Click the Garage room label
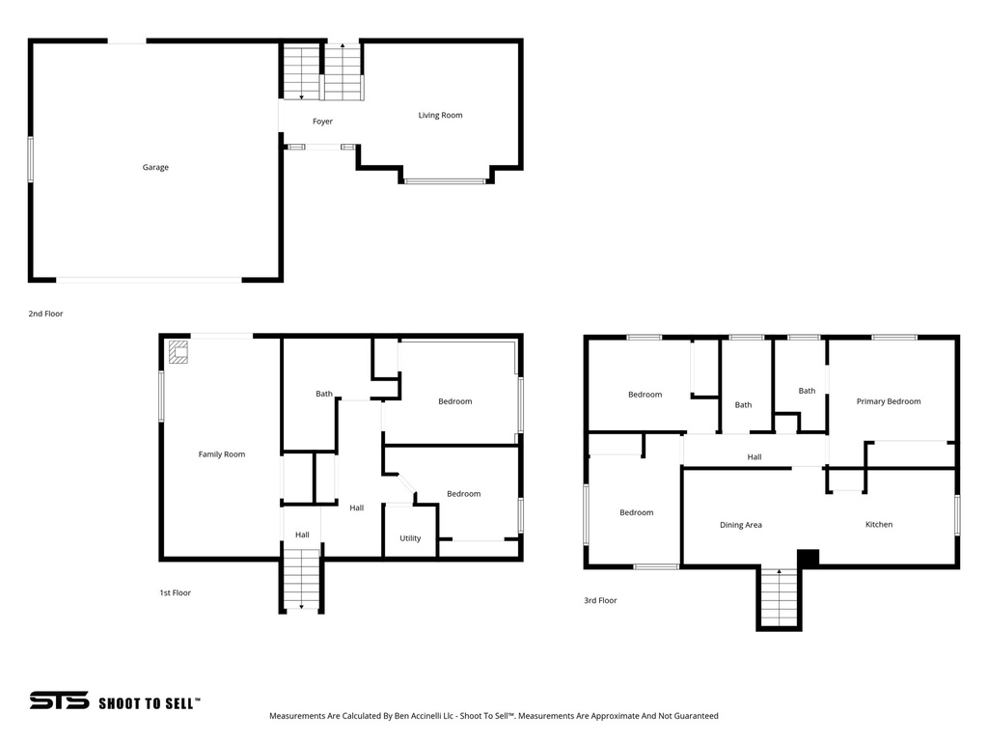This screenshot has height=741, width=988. [155, 168]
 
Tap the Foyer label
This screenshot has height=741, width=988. [322, 122]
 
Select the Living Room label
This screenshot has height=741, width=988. [440, 116]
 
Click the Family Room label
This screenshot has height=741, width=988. [222, 454]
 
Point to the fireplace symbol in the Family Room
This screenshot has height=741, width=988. [178, 351]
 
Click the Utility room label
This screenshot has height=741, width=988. [410, 538]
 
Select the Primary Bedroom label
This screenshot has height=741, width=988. [889, 401]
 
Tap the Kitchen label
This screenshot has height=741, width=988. [878, 525]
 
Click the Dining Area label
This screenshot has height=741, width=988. [741, 525]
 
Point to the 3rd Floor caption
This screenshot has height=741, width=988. [600, 600]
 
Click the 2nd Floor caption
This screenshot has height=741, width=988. [45, 314]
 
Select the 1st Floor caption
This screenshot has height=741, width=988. [175, 592]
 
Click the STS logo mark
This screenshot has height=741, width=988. [59, 700]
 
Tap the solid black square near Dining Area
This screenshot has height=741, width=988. [808, 558]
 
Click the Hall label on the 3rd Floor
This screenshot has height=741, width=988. [755, 456]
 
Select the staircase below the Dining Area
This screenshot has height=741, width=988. [779, 598]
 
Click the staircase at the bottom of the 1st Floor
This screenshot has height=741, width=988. [302, 579]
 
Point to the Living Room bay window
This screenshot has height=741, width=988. [445, 180]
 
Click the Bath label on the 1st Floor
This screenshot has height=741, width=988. [324, 394]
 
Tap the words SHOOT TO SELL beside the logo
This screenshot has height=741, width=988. [150, 703]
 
